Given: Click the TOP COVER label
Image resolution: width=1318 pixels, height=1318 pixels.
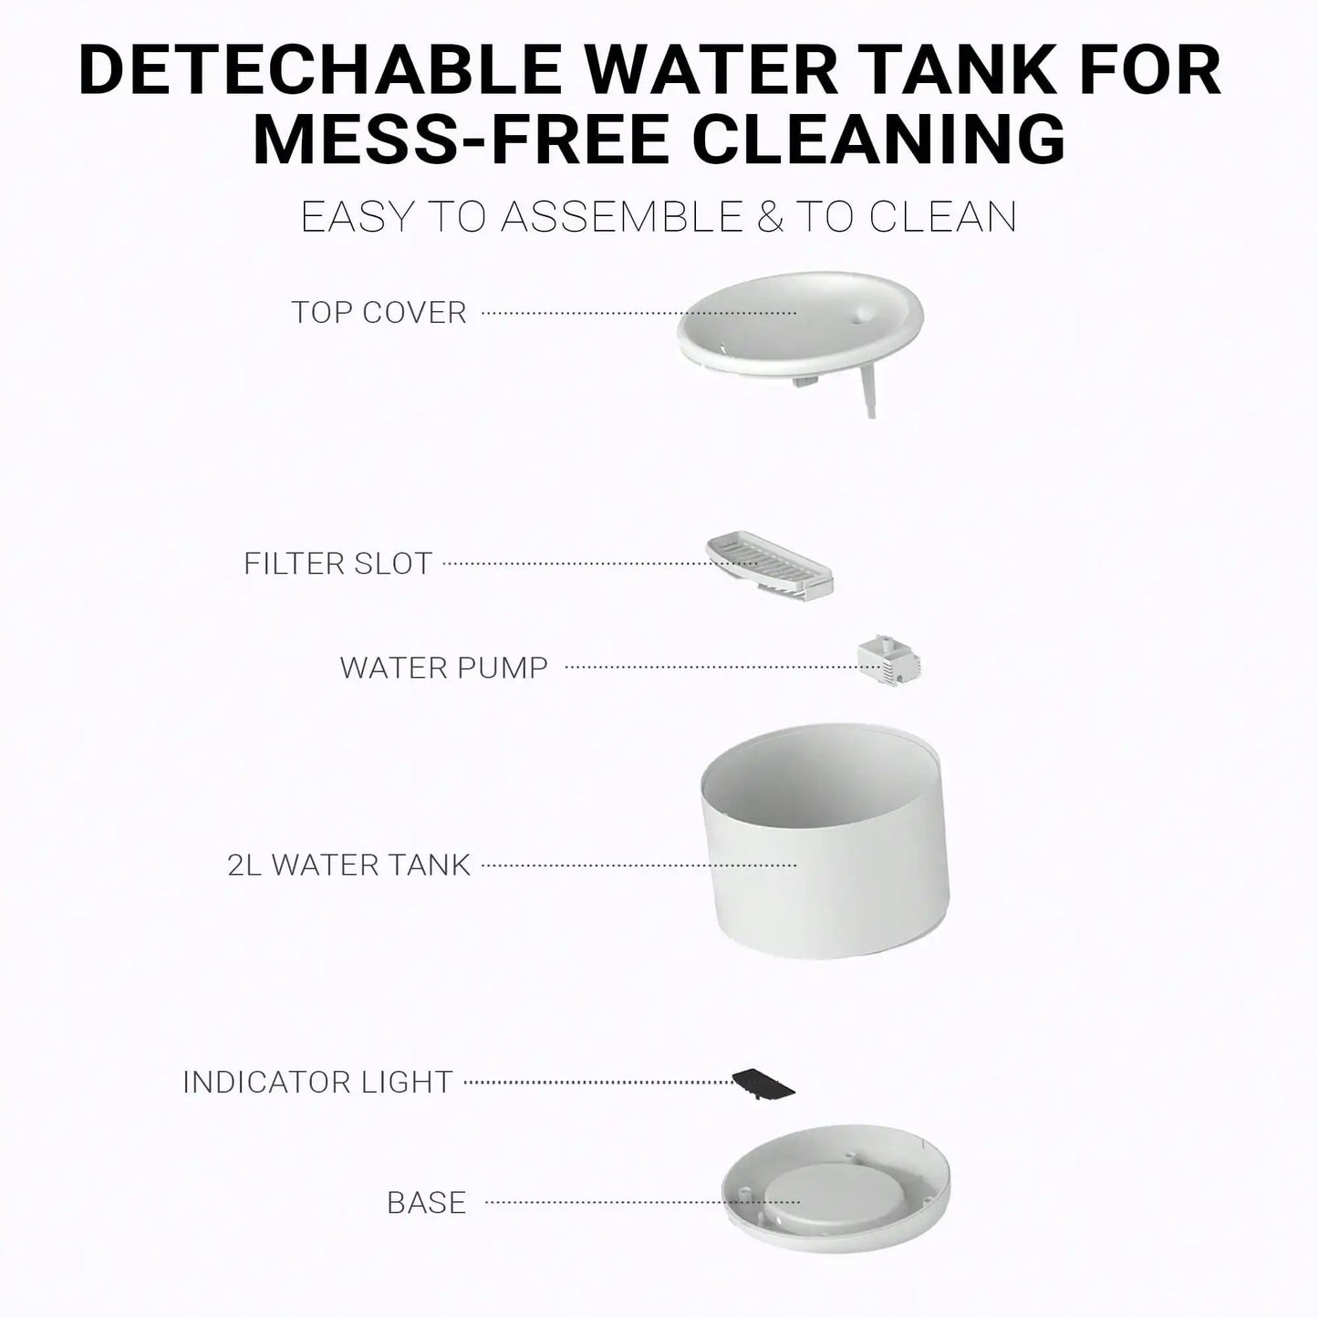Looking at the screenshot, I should point(379,313).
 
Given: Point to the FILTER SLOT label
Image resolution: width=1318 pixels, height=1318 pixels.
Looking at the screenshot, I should point(337,564).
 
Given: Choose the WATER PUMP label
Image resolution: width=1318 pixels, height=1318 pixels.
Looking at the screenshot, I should point(443,668).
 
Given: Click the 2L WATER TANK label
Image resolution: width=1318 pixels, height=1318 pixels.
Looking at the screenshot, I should point(348,865).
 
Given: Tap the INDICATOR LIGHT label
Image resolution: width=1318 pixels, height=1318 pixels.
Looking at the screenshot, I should point(317,1083).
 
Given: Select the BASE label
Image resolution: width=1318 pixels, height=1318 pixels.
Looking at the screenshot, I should point(426,1203).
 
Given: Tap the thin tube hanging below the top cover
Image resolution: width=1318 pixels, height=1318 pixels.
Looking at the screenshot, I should point(869,397).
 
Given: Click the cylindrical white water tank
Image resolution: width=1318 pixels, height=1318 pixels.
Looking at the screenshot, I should point(825,867).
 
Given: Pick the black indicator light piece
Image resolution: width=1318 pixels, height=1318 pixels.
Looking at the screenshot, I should point(764,1083).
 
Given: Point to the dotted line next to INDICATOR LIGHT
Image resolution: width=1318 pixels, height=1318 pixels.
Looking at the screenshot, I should point(597,1083).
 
